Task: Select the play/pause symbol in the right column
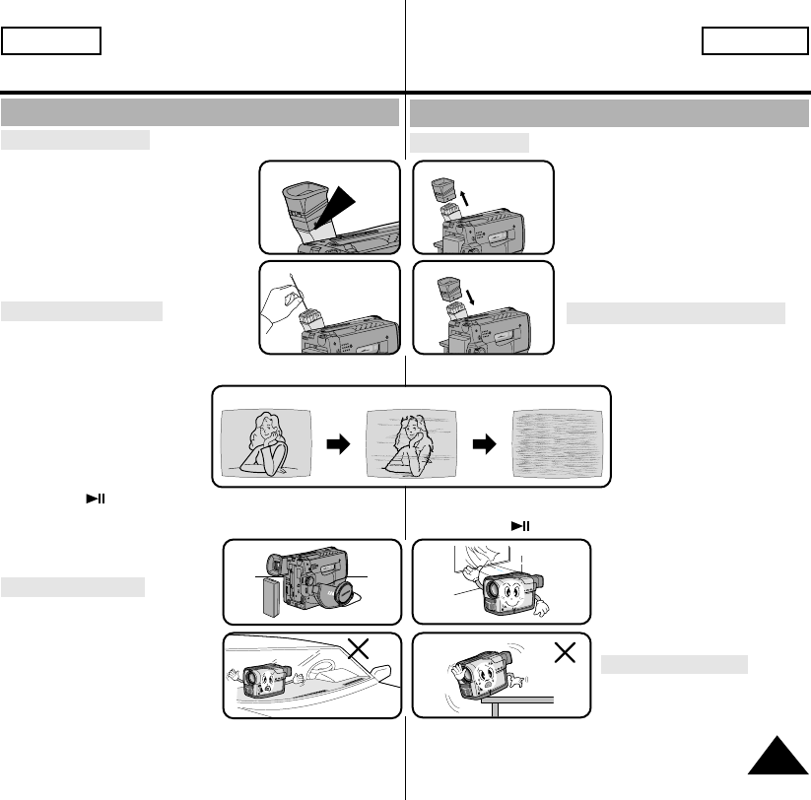click(x=519, y=525)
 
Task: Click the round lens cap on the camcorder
click(x=347, y=594)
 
